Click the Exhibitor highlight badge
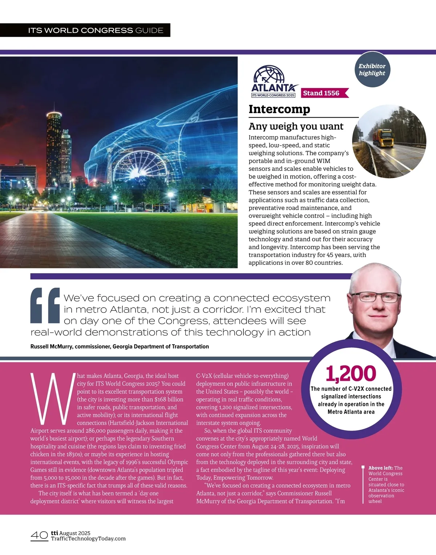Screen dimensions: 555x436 372,70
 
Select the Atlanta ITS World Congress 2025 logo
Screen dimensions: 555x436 273,82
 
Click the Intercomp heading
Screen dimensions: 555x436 279,109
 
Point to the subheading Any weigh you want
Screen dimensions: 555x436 296,126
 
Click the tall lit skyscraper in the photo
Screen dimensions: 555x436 53,149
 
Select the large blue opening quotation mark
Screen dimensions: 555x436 45,305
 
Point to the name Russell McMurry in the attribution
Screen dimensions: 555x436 52,346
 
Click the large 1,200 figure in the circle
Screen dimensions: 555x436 351,374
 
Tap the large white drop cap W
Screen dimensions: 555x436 53,399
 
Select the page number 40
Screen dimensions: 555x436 39,535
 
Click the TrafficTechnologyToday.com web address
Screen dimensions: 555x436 88,539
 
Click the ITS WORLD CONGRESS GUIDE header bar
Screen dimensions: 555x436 96,30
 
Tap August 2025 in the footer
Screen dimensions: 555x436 75,533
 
